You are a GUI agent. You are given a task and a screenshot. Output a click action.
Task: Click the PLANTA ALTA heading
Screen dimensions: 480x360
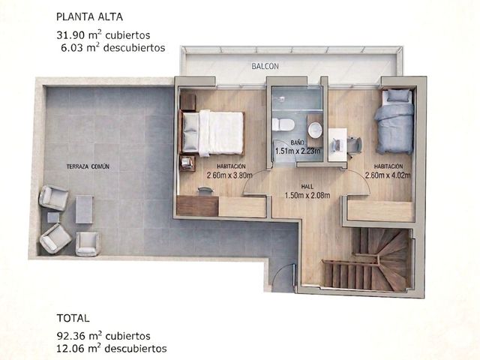pyautogui.click(x=89, y=16)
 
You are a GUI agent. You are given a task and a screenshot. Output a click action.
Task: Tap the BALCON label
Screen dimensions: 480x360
pyautogui.click(x=265, y=66)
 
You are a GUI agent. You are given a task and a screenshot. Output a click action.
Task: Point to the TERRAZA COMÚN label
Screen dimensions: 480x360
pyautogui.click(x=88, y=166)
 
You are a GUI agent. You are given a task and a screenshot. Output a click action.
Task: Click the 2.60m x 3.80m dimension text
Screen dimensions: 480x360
pyautogui.click(x=229, y=175)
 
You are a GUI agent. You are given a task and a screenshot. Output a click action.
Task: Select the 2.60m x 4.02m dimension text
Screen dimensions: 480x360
pyautogui.click(x=388, y=175)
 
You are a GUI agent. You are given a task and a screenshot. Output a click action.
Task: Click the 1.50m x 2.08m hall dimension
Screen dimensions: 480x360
pyautogui.click(x=307, y=195)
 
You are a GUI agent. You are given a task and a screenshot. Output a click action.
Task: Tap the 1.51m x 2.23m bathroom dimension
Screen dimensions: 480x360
pyautogui.click(x=298, y=151)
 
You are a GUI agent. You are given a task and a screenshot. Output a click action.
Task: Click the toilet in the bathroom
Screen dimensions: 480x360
pyautogui.click(x=283, y=124)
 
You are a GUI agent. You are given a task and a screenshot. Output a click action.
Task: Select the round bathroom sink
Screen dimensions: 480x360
pyautogui.click(x=315, y=130)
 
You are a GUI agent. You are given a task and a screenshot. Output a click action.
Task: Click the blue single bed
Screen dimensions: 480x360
pyautogui.click(x=394, y=121)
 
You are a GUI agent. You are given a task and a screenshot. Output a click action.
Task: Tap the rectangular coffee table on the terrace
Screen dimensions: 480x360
pyautogui.click(x=84, y=209)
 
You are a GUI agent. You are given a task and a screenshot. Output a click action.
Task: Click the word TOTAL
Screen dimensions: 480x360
pyautogui.click(x=73, y=318)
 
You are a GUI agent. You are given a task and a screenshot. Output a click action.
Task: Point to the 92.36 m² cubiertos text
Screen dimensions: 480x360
pyautogui.click(x=103, y=336)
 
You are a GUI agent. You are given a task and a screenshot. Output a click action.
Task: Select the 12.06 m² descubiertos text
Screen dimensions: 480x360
pyautogui.click(x=112, y=348)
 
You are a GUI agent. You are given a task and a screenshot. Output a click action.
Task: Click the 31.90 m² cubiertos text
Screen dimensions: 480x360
pyautogui.click(x=103, y=35)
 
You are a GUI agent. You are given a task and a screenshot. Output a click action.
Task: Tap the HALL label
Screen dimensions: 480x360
pyautogui.click(x=307, y=187)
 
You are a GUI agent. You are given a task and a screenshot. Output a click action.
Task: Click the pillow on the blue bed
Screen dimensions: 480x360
pyautogui.click(x=399, y=96)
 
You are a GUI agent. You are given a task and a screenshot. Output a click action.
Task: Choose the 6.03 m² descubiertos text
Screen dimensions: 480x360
pyautogui.click(x=113, y=48)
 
